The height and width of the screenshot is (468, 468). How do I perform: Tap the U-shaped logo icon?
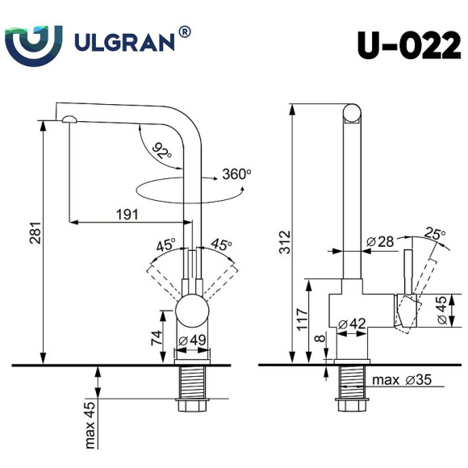click(33, 42)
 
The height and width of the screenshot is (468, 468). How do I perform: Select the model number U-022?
click(409, 46)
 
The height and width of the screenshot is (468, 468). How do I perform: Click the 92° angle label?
click(161, 150)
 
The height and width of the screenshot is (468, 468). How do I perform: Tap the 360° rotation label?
click(237, 173)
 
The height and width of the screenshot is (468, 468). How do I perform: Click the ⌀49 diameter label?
click(192, 339)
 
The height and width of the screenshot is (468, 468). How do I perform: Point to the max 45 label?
click(90, 424)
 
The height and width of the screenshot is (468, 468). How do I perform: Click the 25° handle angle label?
click(437, 234)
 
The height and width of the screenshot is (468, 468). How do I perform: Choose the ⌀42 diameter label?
click(353, 324)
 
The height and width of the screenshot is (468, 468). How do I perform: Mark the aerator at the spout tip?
click(67, 119)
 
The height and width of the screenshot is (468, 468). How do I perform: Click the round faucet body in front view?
click(192, 311)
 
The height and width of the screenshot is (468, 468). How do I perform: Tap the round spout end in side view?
click(353, 113)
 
